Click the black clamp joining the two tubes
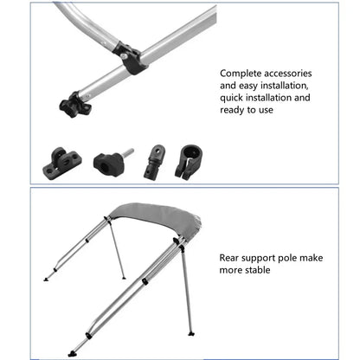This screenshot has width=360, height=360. tap(132, 59)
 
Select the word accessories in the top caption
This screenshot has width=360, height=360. tap(284, 74)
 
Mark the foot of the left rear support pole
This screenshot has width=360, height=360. tap(123, 278)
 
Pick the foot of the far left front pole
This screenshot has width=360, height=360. tap(46, 279)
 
